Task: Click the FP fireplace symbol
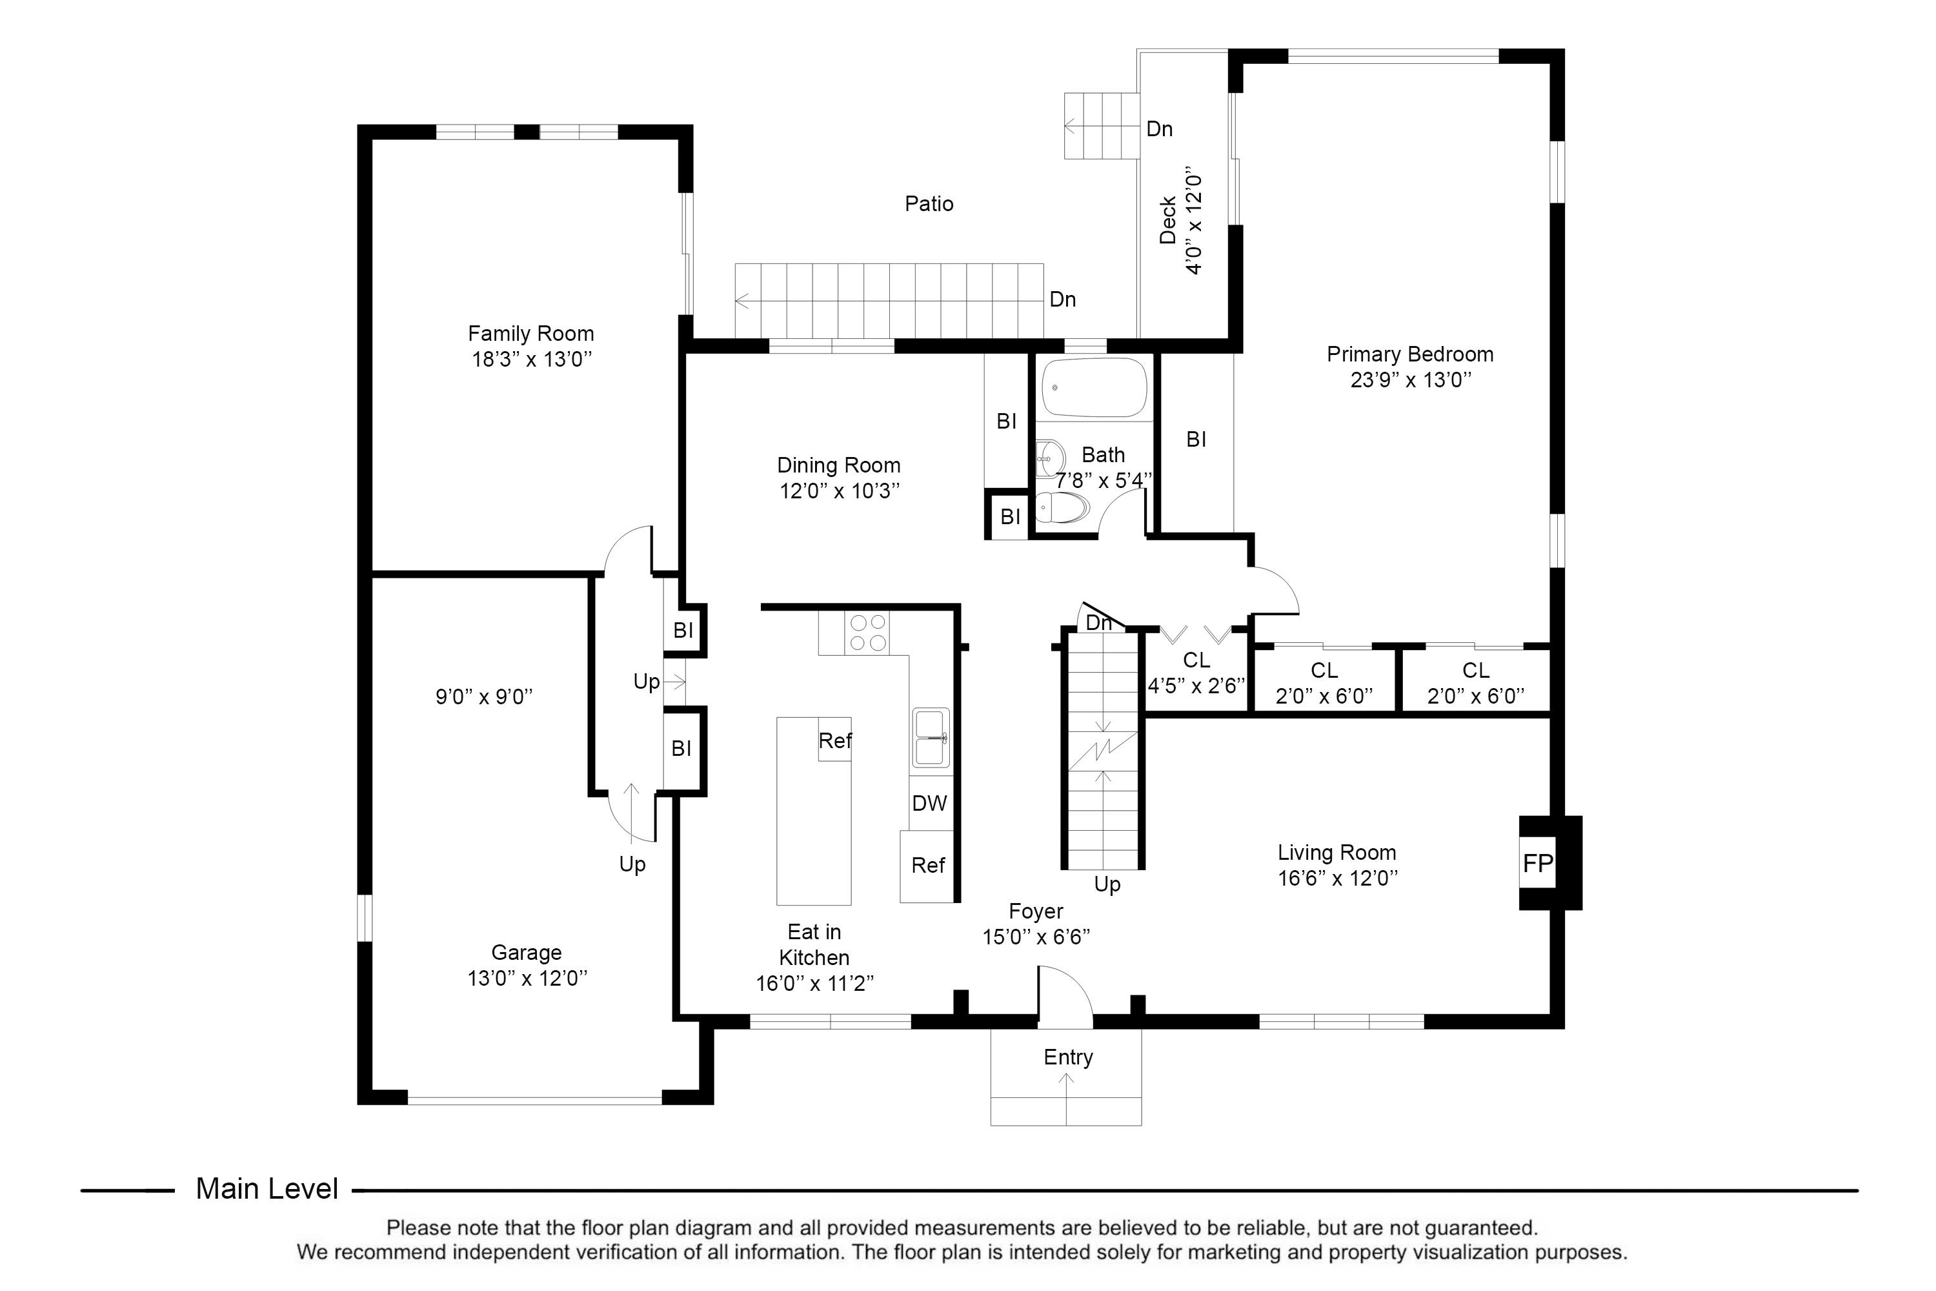click(x=1537, y=863)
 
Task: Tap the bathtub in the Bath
click(x=1093, y=388)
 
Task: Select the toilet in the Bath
click(x=1061, y=508)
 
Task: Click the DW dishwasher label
click(x=929, y=803)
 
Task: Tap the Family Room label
click(x=531, y=334)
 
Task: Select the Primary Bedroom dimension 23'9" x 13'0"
click(x=1410, y=380)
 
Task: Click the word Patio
click(x=929, y=203)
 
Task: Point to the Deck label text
click(x=1167, y=221)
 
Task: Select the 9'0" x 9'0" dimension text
click(x=484, y=696)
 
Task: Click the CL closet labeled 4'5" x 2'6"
click(x=1196, y=673)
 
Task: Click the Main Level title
click(x=267, y=1188)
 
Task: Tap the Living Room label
click(x=1336, y=852)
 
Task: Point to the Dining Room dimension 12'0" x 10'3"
click(x=839, y=491)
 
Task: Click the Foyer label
click(x=1036, y=911)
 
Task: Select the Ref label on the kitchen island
click(x=834, y=740)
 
